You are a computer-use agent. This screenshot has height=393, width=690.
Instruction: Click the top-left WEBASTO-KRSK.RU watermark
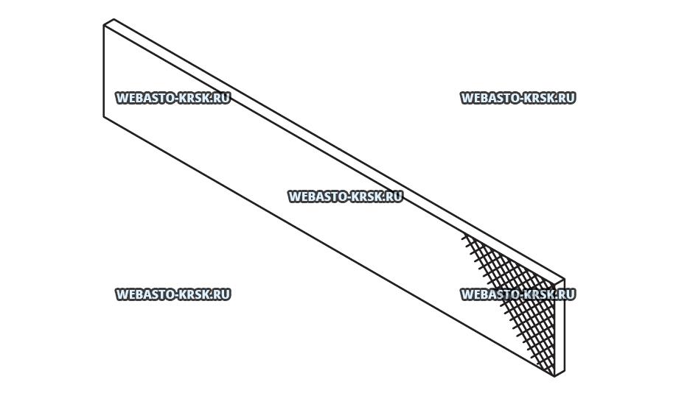point(172,98)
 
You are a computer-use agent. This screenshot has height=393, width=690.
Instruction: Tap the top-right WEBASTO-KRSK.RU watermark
point(517,98)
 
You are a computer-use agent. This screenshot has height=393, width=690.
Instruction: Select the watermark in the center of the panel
point(345,196)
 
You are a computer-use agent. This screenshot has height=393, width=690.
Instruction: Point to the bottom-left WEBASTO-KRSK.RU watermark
point(172,294)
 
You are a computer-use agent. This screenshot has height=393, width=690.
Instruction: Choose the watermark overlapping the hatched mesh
point(517,294)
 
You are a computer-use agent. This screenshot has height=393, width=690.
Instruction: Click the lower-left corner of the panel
point(105,116)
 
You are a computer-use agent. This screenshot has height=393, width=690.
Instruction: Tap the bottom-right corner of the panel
point(555,376)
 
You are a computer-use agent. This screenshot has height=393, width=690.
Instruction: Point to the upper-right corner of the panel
point(564,280)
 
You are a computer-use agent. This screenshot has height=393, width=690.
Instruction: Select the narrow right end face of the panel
point(560,327)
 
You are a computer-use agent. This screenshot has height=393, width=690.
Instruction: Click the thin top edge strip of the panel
point(332,148)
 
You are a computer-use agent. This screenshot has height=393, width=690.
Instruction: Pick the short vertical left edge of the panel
point(104,71)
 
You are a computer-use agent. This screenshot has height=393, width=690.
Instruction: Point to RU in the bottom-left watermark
point(221,294)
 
